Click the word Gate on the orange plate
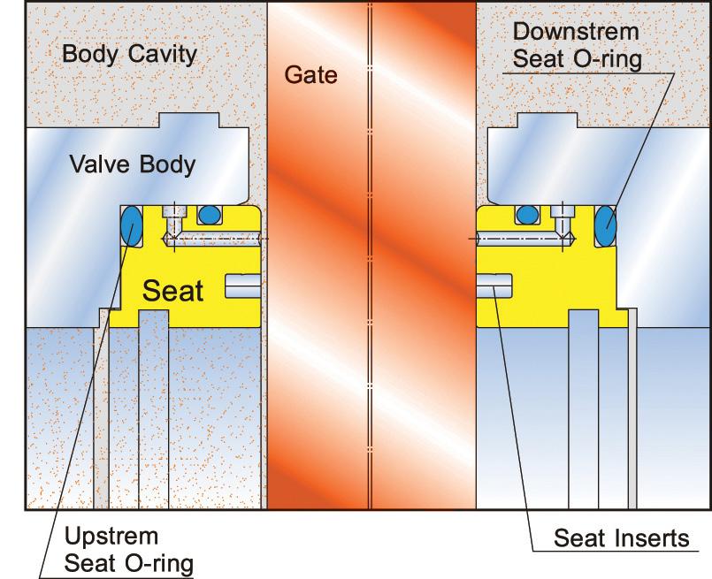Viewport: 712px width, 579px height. pyautogui.click(x=310, y=76)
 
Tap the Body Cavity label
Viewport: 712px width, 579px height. pyautogui.click(x=129, y=55)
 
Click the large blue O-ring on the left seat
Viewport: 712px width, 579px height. pyautogui.click(x=131, y=226)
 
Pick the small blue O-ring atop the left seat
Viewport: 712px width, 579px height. pyautogui.click(x=210, y=214)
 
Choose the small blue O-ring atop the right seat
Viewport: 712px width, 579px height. pyautogui.click(x=527, y=214)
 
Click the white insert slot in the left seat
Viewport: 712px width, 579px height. pyautogui.click(x=241, y=286)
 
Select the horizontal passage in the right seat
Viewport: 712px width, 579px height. pyautogui.click(x=522, y=240)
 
